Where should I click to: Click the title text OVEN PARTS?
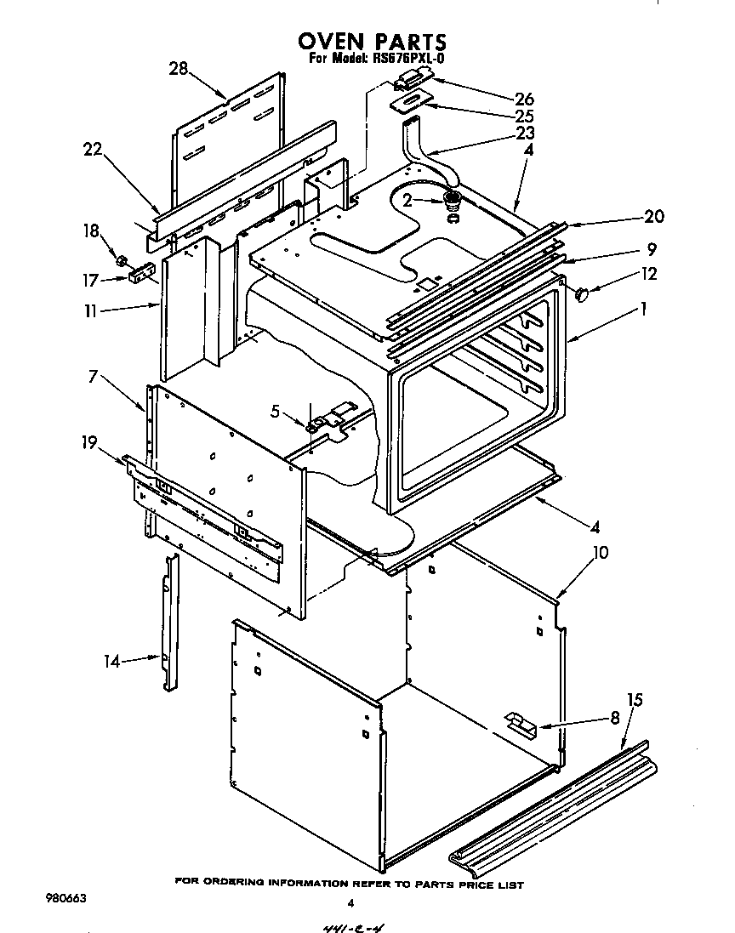371,41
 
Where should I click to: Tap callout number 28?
178,69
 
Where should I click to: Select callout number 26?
524,98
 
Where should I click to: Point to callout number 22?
94,150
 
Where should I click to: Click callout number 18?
90,231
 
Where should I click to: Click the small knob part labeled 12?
583,294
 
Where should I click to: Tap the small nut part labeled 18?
122,259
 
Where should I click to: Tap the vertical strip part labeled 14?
168,621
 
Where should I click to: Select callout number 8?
615,719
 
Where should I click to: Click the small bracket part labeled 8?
520,724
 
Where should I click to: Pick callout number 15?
634,701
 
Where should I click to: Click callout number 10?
600,553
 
